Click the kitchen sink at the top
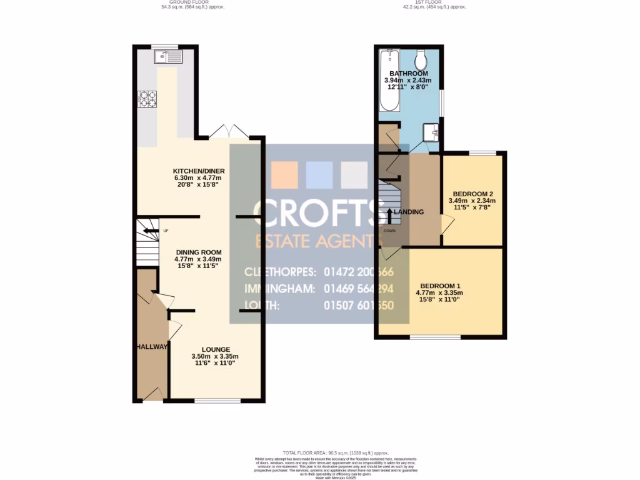pos(168,57)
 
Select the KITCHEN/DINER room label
pos(199,171)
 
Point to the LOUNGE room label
pos(216,349)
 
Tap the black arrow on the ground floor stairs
pos(149,231)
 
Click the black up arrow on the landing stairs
pos(390,216)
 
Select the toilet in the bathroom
pos(422,60)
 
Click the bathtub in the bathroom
pos(391,81)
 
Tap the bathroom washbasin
pos(431,132)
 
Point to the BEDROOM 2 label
pos(471,194)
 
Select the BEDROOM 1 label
pos(442,286)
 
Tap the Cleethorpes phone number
pos(359,272)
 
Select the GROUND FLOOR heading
pos(192,2)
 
